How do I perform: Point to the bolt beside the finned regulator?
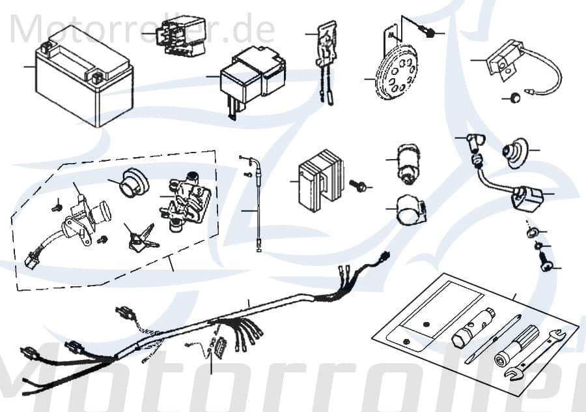click(x=357, y=186)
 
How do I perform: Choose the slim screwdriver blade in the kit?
click(x=493, y=339)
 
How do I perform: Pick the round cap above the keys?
click(x=134, y=180)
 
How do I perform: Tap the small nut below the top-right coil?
click(x=514, y=98)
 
